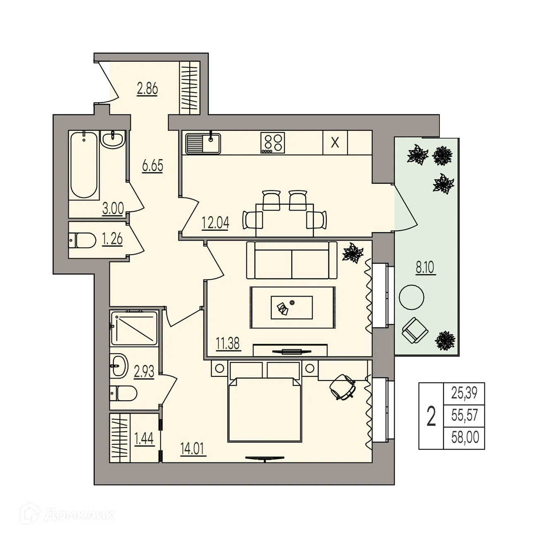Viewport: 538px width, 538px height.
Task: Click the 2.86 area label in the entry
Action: coord(147,89)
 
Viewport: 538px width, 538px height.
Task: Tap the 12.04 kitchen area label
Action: coord(215,223)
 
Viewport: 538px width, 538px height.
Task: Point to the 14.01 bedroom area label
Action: coord(193,449)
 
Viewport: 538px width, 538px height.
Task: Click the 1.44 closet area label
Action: coord(144,438)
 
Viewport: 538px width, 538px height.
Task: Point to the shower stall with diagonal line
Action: coord(134,328)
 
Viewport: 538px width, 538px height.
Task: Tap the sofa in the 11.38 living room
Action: coord(292,261)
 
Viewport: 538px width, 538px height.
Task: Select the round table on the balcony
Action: coord(411,297)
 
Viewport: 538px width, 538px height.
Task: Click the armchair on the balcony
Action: coord(415,331)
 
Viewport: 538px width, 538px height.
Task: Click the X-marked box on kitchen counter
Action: coord(335,143)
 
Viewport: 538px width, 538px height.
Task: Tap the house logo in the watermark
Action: coord(32,514)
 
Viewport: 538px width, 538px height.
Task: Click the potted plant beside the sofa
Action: coord(352,253)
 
